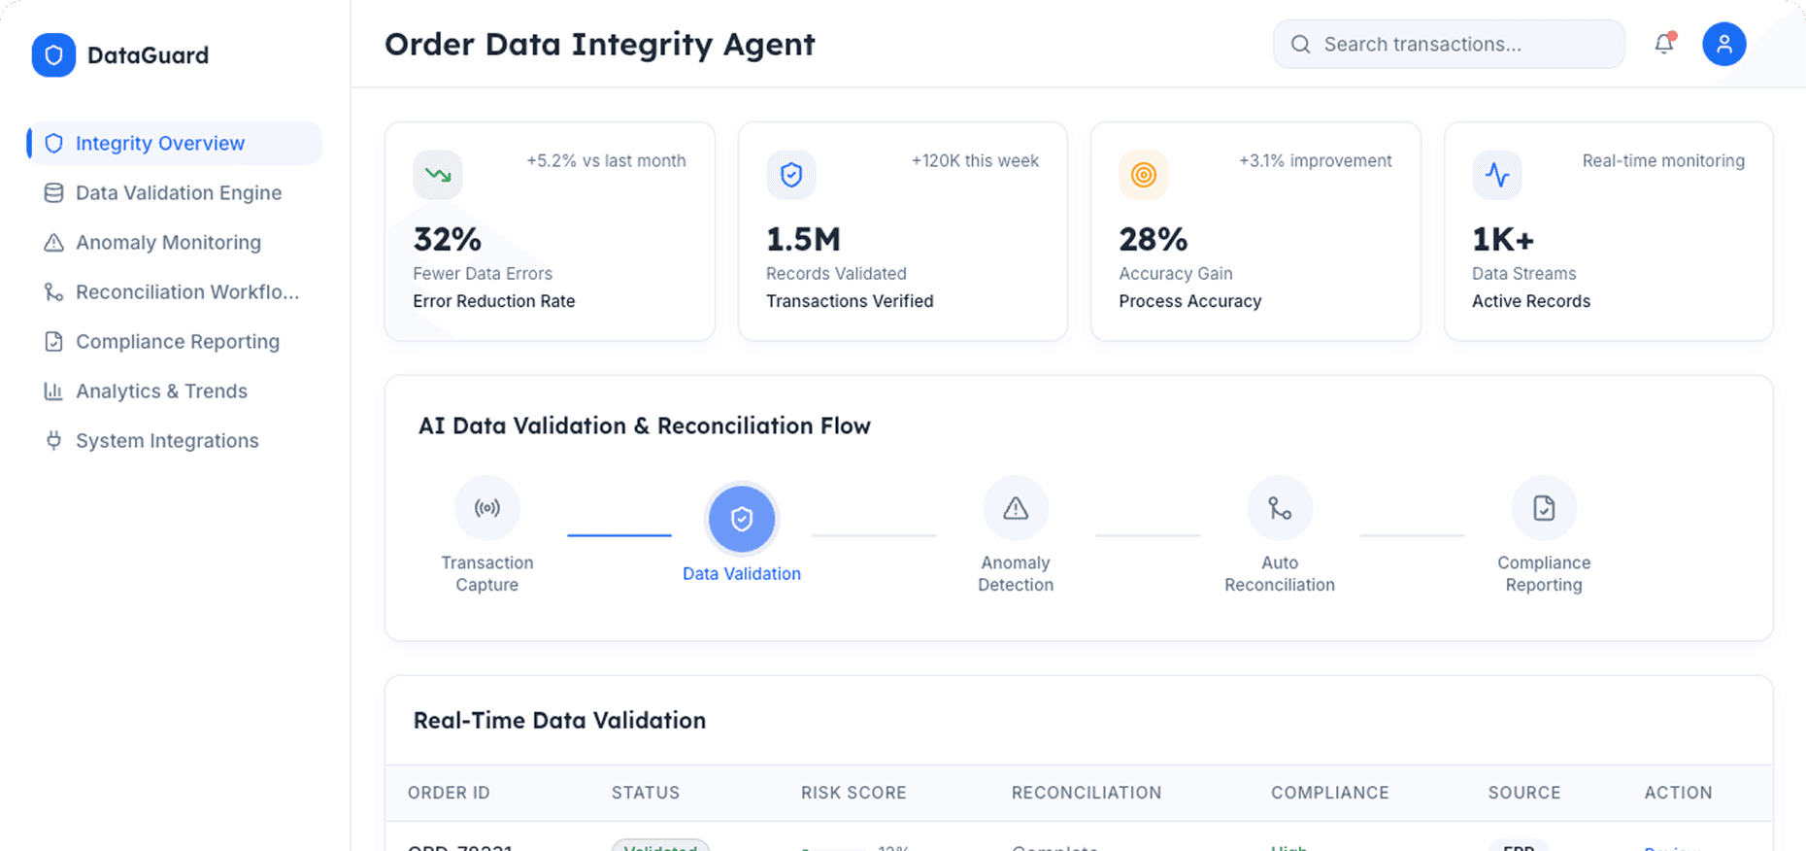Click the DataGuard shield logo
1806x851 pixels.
coord(53,55)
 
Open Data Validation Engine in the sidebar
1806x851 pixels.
coord(178,193)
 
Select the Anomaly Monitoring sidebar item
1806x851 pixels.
coord(168,243)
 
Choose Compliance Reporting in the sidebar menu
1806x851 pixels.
coord(177,342)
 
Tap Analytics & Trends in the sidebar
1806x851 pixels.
coord(161,391)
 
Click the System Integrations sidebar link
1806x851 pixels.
coord(167,441)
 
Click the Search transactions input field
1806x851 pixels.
coord(1456,45)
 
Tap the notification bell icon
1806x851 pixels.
coord(1664,44)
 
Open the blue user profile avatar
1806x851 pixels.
coord(1723,45)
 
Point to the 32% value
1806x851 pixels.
coord(448,239)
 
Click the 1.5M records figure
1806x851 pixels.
coord(803,239)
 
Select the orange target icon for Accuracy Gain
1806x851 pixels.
coord(1144,175)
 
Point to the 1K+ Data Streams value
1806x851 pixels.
coord(1503,239)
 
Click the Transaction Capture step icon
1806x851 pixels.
coord(487,508)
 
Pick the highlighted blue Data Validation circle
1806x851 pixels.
coord(742,519)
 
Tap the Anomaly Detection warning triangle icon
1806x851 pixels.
coord(1016,508)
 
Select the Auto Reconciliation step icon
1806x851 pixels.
coord(1280,508)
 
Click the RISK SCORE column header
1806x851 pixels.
coord(853,793)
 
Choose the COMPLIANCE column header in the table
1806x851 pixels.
coord(1329,793)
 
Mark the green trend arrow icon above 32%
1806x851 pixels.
coord(438,175)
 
